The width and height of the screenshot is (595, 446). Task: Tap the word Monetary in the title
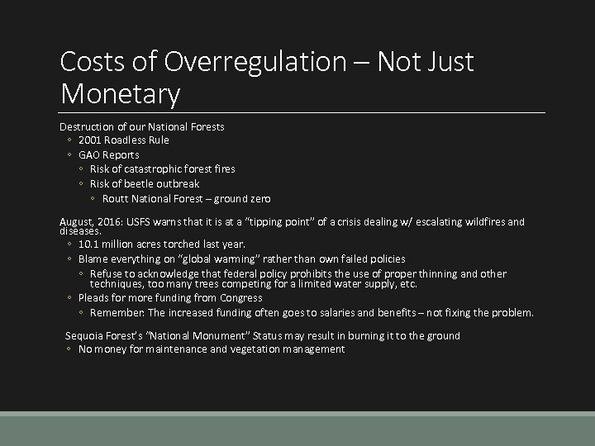[120, 94]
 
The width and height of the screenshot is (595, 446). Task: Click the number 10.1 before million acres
[88, 244]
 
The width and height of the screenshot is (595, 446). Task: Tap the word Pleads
[94, 297]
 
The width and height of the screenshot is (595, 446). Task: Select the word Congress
[240, 297]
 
